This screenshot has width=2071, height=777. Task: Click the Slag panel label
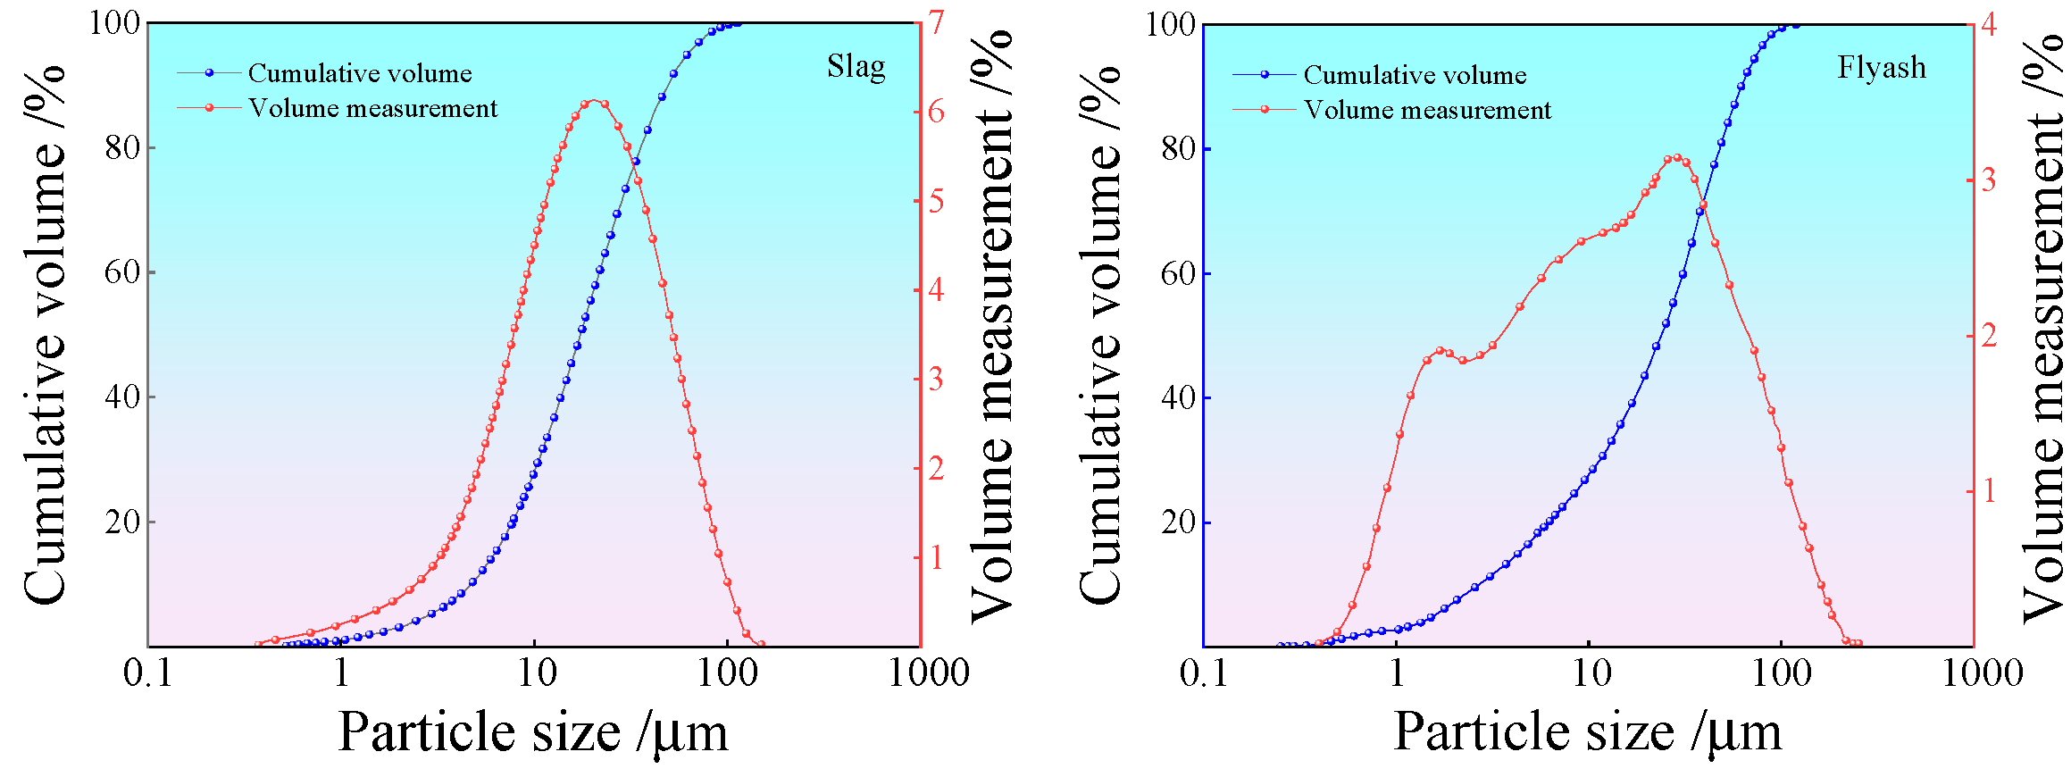point(856,67)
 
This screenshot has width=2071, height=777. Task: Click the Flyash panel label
point(1881,68)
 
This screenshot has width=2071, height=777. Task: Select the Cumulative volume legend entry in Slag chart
point(359,73)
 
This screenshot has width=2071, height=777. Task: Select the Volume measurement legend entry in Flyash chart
point(1426,110)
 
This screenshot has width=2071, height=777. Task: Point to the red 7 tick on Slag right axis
point(935,23)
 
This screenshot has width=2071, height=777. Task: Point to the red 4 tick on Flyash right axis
point(1989,25)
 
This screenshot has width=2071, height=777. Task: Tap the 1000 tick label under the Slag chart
point(928,673)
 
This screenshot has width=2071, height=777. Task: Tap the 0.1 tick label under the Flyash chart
point(1204,673)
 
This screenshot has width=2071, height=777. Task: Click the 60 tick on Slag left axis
point(122,272)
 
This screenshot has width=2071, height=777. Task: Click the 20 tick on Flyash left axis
point(1179,522)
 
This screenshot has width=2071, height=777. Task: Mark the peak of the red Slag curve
point(594,102)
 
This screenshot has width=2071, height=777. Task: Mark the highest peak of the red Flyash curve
point(1674,158)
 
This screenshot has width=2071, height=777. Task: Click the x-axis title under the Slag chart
point(533,732)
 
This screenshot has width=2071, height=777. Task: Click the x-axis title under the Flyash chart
point(1588,732)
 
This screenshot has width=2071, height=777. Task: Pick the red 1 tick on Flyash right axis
point(1989,490)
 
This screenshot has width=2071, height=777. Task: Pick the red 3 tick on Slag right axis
point(935,380)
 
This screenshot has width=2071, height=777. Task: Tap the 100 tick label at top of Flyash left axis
point(1170,25)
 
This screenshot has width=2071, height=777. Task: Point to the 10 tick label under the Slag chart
point(536,673)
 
